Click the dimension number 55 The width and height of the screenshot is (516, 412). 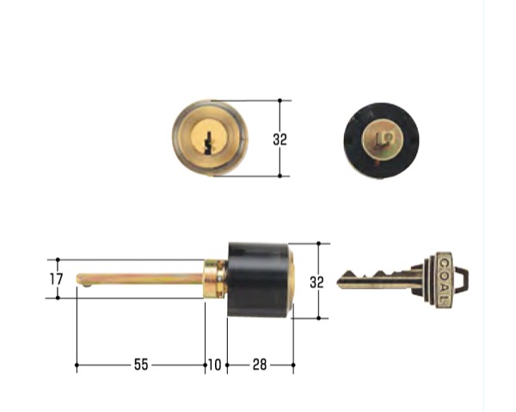coord(141,365)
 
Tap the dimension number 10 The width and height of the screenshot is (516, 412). coord(214,365)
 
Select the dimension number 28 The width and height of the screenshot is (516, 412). coord(260,365)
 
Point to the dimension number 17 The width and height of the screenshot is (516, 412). coord(56,280)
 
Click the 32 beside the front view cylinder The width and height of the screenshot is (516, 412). coord(280,139)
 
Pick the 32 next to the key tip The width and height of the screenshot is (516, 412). coord(316,282)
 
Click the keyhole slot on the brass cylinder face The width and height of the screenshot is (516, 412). coord(208,144)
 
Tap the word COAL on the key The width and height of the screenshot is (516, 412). coord(445,280)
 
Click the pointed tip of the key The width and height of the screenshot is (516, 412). coord(337,282)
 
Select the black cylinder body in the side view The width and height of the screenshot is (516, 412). coord(259,280)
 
